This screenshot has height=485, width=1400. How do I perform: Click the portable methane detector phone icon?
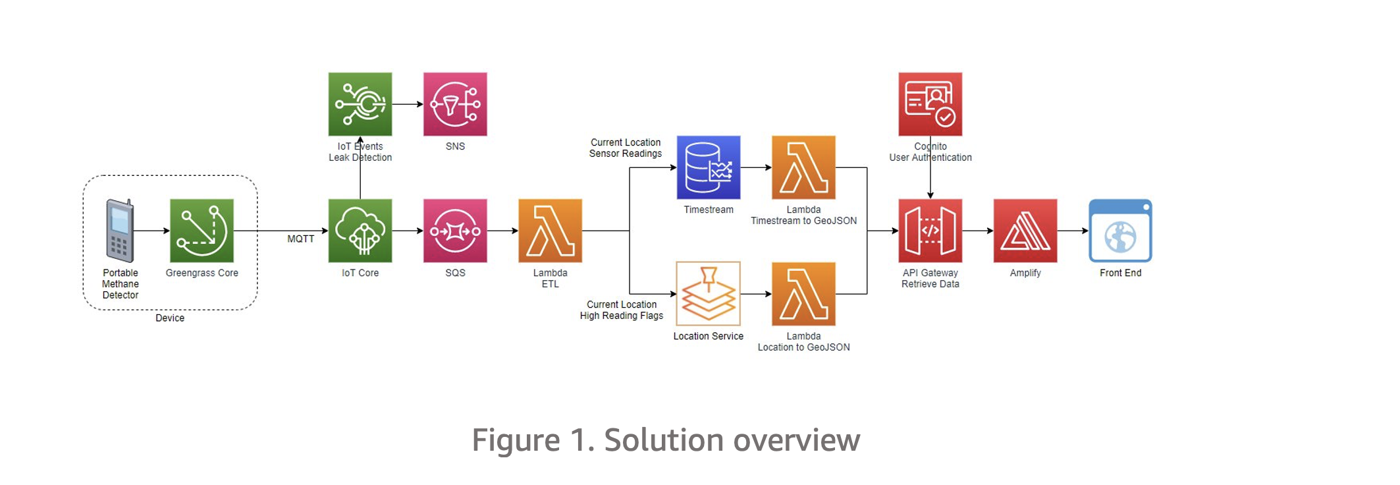coord(120,231)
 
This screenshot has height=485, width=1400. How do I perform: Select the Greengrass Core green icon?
coord(202,231)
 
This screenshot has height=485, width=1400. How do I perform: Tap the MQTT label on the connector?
coord(300,239)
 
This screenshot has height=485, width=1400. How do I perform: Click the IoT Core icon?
coord(360,231)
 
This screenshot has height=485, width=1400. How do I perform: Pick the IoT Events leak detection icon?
coord(360,104)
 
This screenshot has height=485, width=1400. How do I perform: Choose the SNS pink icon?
coord(455,104)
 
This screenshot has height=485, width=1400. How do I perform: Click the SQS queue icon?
coord(455,231)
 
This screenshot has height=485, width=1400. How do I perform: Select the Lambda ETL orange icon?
coord(550,231)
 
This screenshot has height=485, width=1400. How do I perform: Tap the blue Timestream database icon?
coord(709,167)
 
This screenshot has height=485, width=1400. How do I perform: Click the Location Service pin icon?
coord(709,294)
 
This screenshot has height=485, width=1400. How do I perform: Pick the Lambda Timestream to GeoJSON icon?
coord(803,167)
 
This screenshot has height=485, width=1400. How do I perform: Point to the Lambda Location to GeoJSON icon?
coord(803,294)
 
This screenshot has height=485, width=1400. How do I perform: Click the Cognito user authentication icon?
coord(930,104)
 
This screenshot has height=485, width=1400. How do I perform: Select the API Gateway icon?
coord(930,231)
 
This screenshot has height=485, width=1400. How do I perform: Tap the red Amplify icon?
coord(1025,231)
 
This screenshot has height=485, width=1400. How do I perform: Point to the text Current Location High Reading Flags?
coord(621,310)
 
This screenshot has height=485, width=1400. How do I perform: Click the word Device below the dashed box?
coord(169,318)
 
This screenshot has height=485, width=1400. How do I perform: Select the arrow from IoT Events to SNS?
coord(408,104)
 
